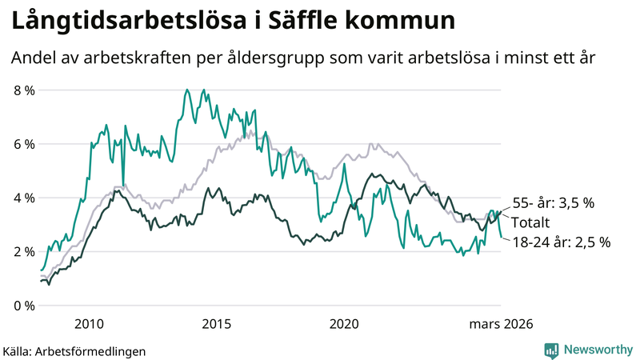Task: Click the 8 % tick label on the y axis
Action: (x=25, y=90)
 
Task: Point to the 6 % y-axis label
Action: (x=25, y=144)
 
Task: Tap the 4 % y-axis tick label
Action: (x=25, y=198)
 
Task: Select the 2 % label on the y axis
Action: (x=25, y=252)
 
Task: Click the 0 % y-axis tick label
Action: (x=25, y=306)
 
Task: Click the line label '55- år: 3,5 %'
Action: (x=553, y=203)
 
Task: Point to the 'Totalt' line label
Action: (x=530, y=222)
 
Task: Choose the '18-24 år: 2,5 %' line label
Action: (x=561, y=242)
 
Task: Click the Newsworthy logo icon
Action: (x=551, y=350)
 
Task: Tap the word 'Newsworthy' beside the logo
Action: (x=596, y=350)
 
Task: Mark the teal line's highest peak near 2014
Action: (x=187, y=90)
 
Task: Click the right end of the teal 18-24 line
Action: (x=502, y=238)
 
